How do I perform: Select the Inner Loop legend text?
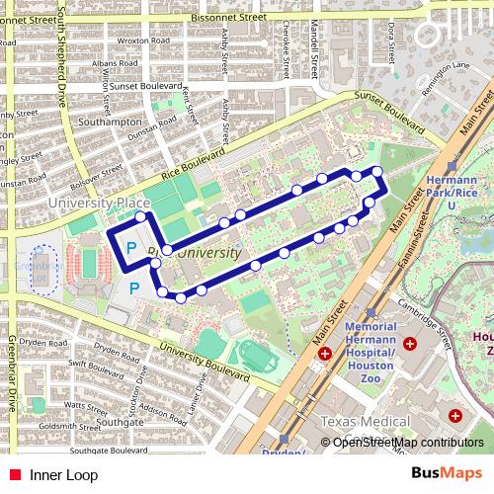coord(63,475)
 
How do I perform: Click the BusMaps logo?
coord(448,474)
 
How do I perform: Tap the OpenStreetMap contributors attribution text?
coord(407,443)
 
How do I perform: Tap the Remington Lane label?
coord(448,65)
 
